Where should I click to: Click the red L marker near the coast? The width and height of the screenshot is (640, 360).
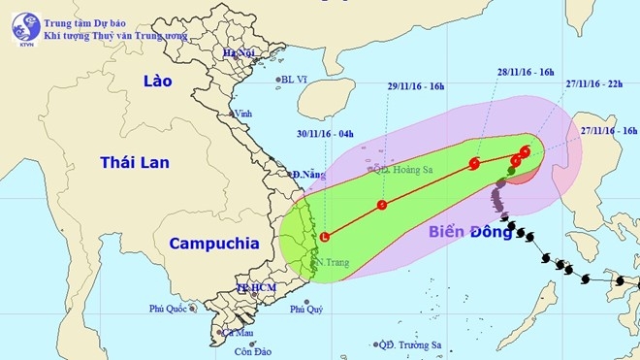pyautogui.click(x=325, y=237)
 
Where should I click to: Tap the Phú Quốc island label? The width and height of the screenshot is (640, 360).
pyautogui.click(x=168, y=309)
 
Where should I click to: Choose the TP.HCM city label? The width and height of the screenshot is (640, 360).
pyautogui.click(x=259, y=289)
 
